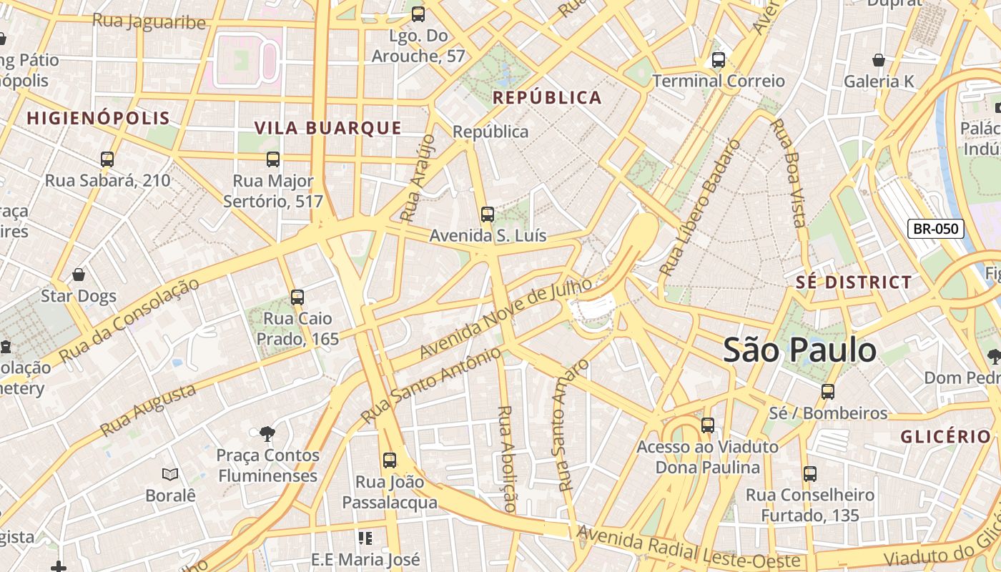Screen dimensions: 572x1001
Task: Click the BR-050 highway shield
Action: tap(936, 229)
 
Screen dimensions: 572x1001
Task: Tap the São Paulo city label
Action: tap(799, 350)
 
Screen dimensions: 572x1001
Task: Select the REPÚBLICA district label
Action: tap(548, 98)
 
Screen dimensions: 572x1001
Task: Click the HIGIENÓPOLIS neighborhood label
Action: tap(99, 118)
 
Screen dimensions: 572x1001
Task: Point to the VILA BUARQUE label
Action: tap(328, 128)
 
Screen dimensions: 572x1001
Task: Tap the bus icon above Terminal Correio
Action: tap(719, 60)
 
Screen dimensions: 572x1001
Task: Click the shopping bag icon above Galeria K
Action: tap(879, 60)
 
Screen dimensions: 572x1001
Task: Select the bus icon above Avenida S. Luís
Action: tap(488, 214)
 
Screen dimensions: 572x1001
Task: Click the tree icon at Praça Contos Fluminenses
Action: tap(267, 433)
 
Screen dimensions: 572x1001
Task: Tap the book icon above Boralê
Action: tap(170, 474)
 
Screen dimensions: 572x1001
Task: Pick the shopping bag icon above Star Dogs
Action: tap(79, 275)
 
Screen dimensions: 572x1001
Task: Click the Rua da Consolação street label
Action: tap(129, 320)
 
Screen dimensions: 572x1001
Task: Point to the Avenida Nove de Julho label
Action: tap(506, 318)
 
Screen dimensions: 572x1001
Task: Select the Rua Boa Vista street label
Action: tap(789, 173)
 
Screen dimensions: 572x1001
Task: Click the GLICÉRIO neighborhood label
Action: tap(945, 437)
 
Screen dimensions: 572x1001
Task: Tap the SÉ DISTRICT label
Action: tap(854, 282)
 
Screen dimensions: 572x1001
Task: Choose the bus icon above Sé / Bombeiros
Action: tap(828, 392)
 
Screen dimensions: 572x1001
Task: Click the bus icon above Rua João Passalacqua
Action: tap(389, 460)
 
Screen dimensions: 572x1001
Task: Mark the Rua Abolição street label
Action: tap(506, 458)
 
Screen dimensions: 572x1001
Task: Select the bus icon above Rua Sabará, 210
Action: tap(107, 159)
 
